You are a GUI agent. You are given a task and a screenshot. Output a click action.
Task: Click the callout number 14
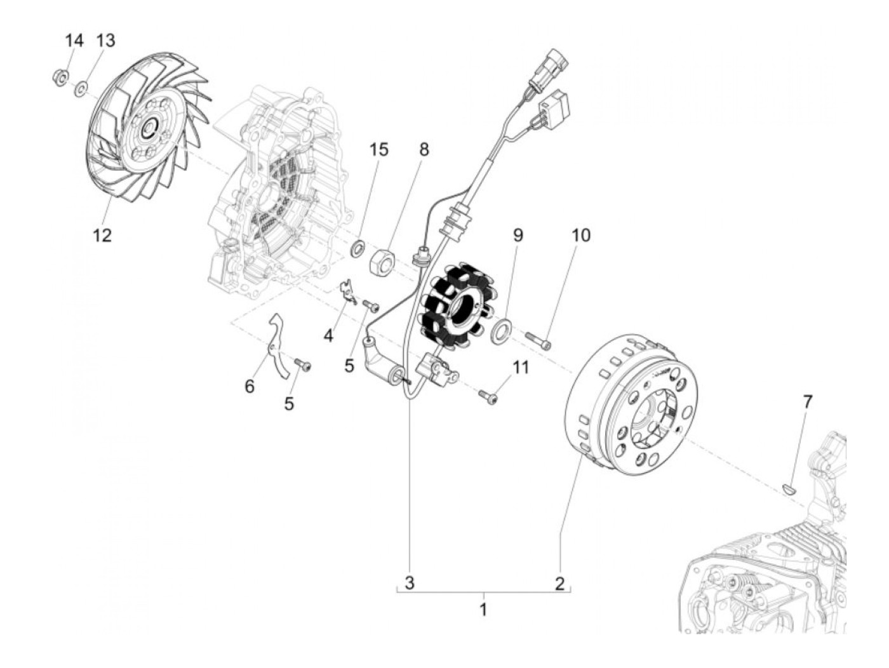74,41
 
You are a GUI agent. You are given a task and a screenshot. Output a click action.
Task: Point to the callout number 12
102,236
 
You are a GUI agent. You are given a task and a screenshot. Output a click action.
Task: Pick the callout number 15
379,150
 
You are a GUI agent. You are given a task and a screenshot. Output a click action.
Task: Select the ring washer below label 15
358,247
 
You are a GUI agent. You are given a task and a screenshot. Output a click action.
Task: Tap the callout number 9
518,235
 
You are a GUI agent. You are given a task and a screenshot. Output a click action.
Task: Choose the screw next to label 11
490,396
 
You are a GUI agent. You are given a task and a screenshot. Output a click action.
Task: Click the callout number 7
807,401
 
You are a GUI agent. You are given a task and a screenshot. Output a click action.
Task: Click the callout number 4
328,336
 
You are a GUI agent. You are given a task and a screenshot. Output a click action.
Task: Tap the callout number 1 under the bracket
483,610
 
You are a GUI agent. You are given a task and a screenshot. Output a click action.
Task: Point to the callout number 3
410,582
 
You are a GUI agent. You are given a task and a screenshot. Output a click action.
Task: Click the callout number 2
559,582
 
